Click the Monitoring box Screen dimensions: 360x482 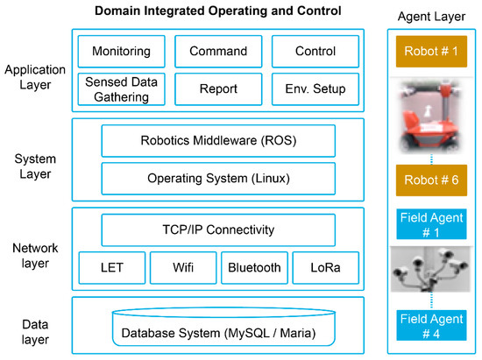click(122, 52)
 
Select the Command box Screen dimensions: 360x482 click(218, 52)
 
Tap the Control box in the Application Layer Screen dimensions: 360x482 click(315, 52)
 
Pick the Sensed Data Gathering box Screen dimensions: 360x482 click(122, 88)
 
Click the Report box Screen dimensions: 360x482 click(218, 88)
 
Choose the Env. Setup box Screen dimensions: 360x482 click(315, 88)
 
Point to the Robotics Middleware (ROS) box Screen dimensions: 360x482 click(218, 140)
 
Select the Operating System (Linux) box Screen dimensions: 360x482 click(218, 179)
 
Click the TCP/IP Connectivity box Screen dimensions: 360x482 click(218, 231)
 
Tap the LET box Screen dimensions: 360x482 click(110, 268)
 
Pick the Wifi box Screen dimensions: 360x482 click(181, 268)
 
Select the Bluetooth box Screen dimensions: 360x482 click(253, 268)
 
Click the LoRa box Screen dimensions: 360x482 click(325, 268)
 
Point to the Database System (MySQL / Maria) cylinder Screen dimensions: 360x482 click(218, 330)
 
